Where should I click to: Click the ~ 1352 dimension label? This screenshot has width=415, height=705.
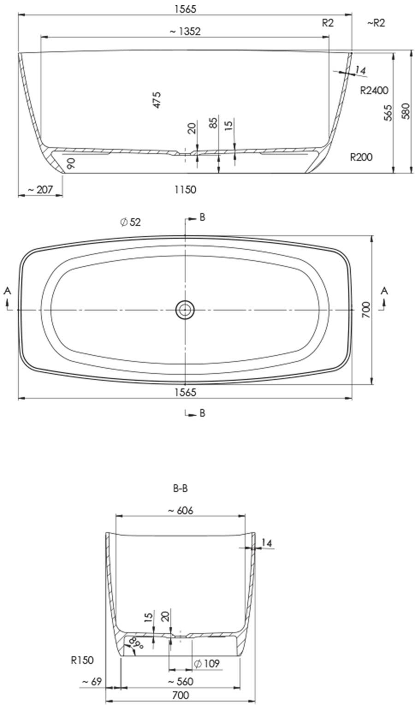(x=185, y=31)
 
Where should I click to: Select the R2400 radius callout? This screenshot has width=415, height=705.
(x=374, y=90)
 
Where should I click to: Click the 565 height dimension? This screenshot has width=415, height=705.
(x=388, y=113)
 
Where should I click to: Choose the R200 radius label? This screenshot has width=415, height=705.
(x=361, y=157)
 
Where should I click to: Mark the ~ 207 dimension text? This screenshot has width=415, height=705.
(x=41, y=190)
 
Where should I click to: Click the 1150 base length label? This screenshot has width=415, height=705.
(x=185, y=190)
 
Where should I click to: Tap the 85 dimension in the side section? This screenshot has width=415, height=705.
(x=213, y=123)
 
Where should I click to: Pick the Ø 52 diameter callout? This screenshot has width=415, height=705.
(x=130, y=222)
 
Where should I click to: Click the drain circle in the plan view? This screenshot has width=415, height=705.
(x=185, y=310)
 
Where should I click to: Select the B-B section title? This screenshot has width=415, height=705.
(x=180, y=488)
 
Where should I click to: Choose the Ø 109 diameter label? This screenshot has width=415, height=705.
(x=207, y=664)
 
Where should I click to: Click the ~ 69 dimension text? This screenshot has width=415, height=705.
(x=92, y=681)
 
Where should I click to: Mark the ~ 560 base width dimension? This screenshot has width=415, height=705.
(x=180, y=681)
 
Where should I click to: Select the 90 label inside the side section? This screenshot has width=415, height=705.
(x=71, y=163)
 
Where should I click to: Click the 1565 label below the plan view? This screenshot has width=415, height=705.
(x=185, y=392)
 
